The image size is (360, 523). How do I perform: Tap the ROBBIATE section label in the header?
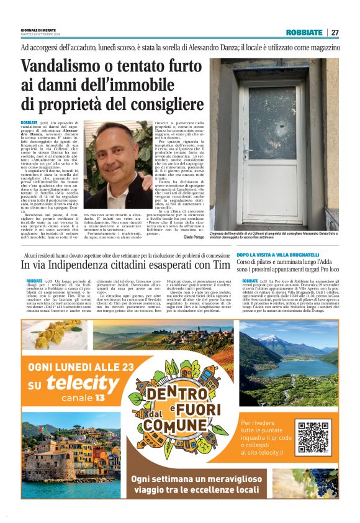pos(304,32)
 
